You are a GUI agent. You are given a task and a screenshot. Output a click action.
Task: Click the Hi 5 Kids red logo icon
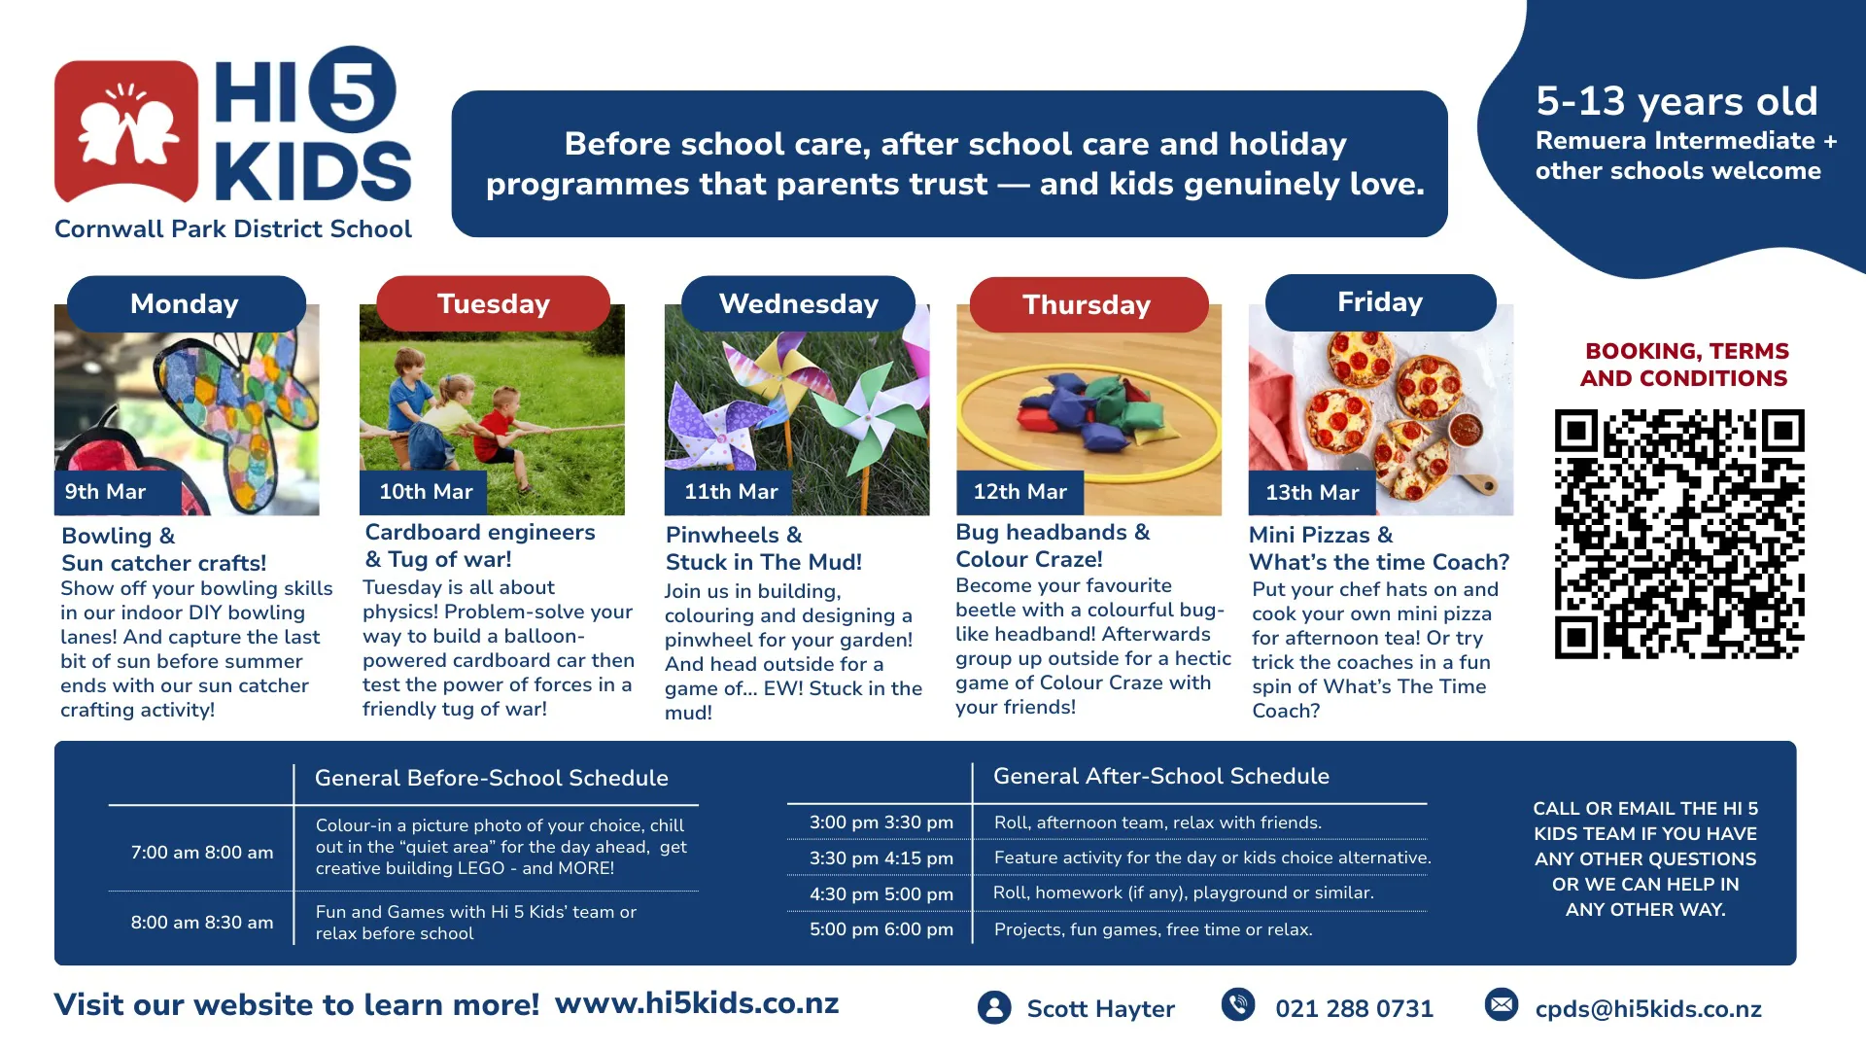[126, 131]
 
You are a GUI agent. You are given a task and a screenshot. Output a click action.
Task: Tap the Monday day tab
[186, 303]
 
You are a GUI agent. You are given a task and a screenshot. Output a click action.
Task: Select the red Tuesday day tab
[494, 303]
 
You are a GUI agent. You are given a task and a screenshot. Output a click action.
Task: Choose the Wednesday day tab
[798, 303]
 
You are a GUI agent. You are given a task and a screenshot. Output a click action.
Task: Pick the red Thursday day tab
[1088, 304]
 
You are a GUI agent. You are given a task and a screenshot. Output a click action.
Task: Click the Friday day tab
[1380, 302]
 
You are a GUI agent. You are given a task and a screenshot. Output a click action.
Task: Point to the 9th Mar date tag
[118, 492]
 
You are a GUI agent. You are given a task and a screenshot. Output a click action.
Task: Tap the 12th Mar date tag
[1020, 493]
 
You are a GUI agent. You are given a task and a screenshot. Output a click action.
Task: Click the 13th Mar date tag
[1312, 493]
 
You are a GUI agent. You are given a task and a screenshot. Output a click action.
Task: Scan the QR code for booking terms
[1679, 535]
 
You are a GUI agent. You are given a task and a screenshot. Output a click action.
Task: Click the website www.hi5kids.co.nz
[697, 1003]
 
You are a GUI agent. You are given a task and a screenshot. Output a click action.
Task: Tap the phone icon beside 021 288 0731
[1238, 1004]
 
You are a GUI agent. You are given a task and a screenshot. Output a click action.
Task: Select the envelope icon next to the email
[1502, 1004]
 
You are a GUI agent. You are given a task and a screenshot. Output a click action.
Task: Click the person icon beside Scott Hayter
[994, 1007]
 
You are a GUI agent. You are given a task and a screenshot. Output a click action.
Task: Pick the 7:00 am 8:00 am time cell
[202, 853]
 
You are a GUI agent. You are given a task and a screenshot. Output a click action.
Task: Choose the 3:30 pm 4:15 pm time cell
[881, 858]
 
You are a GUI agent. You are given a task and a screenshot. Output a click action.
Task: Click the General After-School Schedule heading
[1161, 776]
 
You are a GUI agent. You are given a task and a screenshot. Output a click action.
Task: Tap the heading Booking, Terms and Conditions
[1684, 365]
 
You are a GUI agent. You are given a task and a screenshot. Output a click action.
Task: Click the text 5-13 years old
[1676, 101]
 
